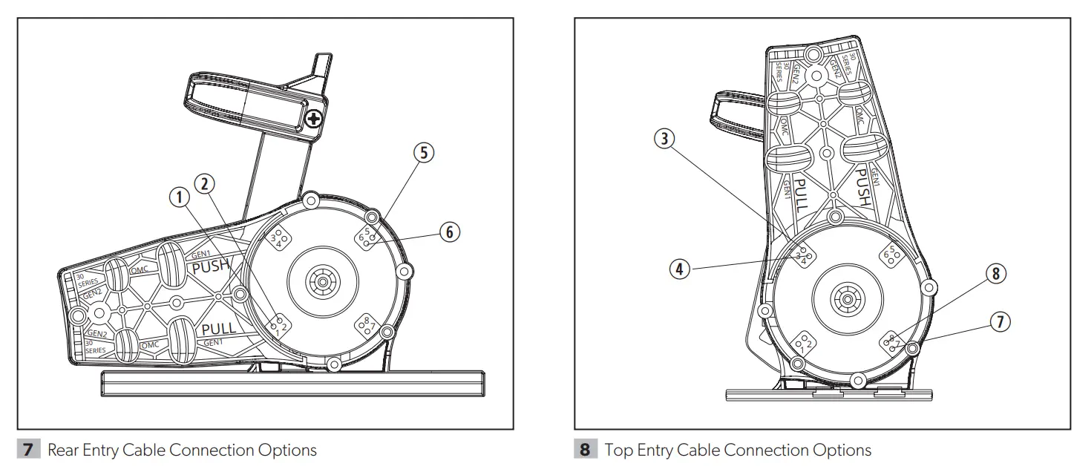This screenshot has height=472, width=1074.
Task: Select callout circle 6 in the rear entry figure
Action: pos(449,232)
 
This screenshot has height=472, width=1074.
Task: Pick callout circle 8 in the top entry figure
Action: pos(995,274)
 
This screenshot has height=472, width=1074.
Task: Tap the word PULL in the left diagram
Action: pos(219,328)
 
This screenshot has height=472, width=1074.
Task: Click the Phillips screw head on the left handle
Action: pos(315,118)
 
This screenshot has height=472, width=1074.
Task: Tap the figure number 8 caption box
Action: pos(586,450)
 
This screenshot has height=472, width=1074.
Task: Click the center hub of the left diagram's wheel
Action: pos(324,282)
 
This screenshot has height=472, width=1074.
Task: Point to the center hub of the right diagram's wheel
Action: pos(844,301)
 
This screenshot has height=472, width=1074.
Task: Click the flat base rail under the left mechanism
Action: pos(293,384)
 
